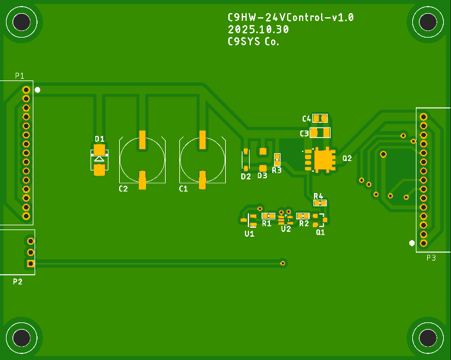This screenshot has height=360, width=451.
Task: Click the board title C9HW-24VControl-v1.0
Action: [x=291, y=17]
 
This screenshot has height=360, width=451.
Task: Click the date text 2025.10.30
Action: [x=258, y=29]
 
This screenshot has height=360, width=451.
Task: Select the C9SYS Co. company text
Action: [x=253, y=42]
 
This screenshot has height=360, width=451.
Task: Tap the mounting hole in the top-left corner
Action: [x=22, y=22]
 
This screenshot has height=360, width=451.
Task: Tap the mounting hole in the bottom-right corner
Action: [x=428, y=338]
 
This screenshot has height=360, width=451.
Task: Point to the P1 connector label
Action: [x=20, y=76]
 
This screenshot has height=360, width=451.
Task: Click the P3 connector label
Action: [x=431, y=257]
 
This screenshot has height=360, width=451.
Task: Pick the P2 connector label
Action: [x=18, y=281]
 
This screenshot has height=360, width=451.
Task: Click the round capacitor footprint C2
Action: [x=142, y=159]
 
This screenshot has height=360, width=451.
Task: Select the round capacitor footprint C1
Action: [x=203, y=159]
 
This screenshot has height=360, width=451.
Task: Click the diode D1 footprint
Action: [x=99, y=159]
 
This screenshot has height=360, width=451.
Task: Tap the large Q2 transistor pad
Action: [x=324, y=159]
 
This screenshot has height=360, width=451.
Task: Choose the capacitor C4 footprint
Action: [x=320, y=118]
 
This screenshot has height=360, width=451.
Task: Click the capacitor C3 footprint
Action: [x=320, y=133]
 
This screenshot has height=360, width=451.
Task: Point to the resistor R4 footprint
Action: [x=320, y=203]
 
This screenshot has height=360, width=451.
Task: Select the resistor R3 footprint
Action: [x=277, y=160]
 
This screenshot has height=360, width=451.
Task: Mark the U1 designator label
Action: [x=249, y=234]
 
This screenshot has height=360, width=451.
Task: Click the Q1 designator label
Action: [x=321, y=232]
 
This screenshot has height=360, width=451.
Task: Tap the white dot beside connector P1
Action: [x=38, y=90]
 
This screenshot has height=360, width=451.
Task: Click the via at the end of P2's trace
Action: [x=283, y=263]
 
